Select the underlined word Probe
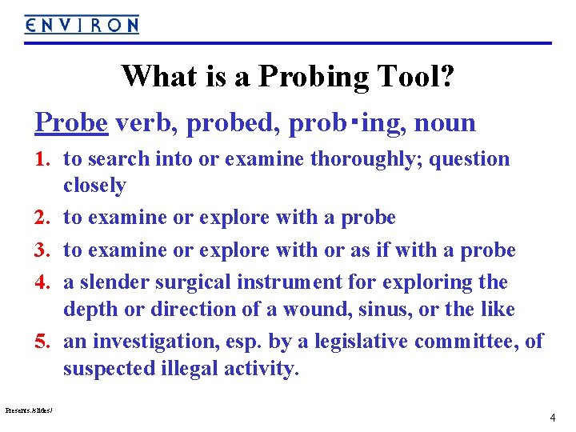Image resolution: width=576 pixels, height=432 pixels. pos(71,122)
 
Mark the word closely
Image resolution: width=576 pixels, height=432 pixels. pos(95,186)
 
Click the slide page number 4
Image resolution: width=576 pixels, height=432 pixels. pos(552,418)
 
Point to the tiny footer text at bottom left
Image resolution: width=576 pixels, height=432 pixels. pos(29,410)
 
